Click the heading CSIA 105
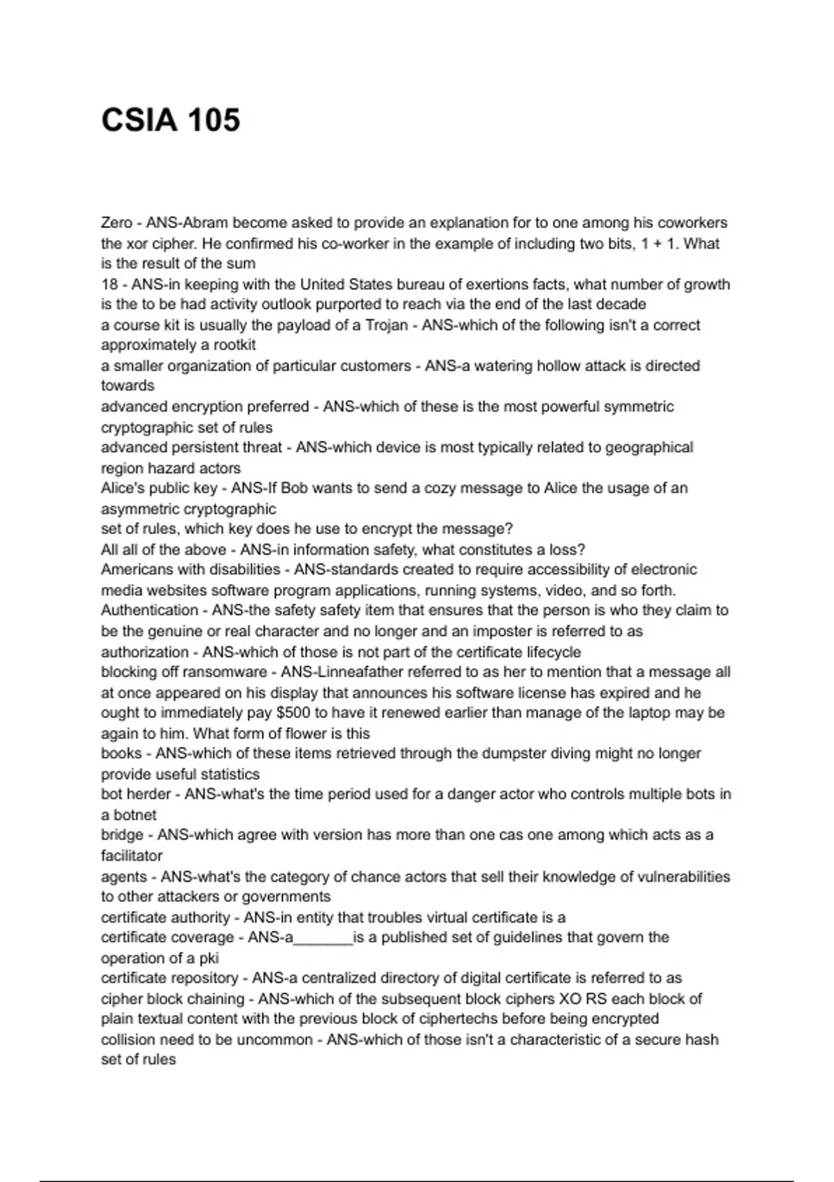(x=171, y=120)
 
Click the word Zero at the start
(x=116, y=223)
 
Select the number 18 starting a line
(x=109, y=284)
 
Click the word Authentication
(x=149, y=610)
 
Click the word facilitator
(x=131, y=856)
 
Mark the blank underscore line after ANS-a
(x=323, y=938)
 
